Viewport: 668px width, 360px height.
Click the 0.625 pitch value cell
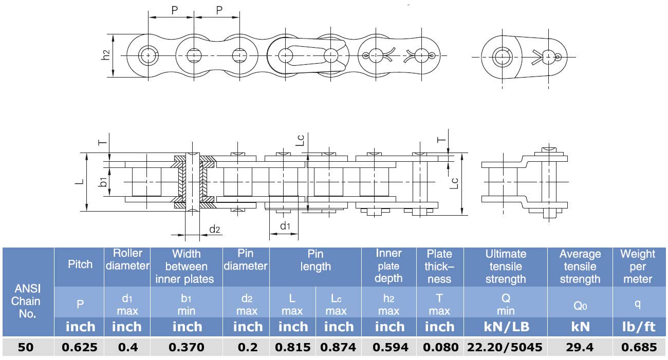pos(79,347)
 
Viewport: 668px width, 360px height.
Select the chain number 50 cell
pos(26,347)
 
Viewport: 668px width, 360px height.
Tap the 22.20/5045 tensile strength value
pos(505,347)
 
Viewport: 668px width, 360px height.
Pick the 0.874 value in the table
pos(338,347)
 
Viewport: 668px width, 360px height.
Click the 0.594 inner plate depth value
pos(391,347)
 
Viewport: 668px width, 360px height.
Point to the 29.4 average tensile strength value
pos(580,347)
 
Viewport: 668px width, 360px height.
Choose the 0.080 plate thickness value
pos(440,347)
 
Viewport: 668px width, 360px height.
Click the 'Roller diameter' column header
pos(127,259)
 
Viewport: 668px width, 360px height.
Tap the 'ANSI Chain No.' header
pos(26,301)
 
